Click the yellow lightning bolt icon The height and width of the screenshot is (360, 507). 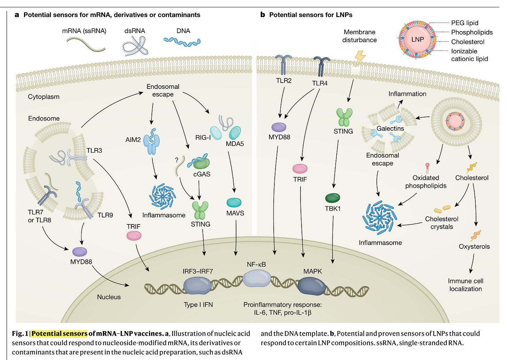click(x=360, y=58)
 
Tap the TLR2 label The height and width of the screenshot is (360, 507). click(x=283, y=81)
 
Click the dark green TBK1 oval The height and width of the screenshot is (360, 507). click(x=333, y=198)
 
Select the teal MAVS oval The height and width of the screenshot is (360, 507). click(x=234, y=202)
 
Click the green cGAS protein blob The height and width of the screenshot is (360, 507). click(x=201, y=163)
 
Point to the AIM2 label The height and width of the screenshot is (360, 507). click(x=133, y=140)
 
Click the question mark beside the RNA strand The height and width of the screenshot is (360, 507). click(x=177, y=160)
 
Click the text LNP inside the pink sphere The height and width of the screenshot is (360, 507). click(x=418, y=39)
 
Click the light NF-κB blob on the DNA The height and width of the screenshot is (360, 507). click(x=257, y=278)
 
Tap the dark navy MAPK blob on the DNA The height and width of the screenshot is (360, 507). click(x=312, y=286)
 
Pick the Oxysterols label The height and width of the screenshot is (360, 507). click(x=474, y=246)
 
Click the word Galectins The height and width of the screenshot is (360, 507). click(x=390, y=129)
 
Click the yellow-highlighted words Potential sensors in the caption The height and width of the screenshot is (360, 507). click(x=59, y=334)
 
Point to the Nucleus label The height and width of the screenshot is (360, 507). click(x=109, y=297)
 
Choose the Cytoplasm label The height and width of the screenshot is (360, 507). click(x=44, y=97)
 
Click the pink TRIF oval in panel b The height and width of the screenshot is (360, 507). click(x=300, y=169)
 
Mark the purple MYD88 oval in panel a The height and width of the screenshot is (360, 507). click(x=80, y=252)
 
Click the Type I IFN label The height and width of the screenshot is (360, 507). click(x=198, y=305)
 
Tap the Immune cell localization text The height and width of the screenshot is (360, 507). click(x=466, y=285)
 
